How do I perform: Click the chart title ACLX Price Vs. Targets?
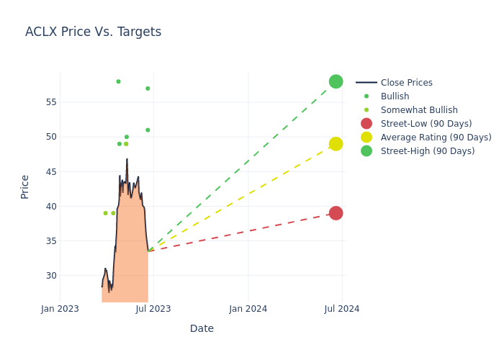tap(93, 32)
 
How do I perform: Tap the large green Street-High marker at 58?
tap(336, 81)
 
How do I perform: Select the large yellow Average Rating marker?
tap(336, 144)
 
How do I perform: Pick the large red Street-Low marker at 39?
tap(336, 213)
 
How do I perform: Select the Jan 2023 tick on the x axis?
tap(60, 309)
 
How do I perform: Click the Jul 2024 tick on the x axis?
tap(342, 309)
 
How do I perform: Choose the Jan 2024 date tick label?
tap(248, 309)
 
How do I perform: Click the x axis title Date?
tap(202, 329)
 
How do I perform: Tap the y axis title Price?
tap(25, 186)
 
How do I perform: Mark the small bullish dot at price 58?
tap(118, 81)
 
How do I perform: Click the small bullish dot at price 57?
tap(148, 89)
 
